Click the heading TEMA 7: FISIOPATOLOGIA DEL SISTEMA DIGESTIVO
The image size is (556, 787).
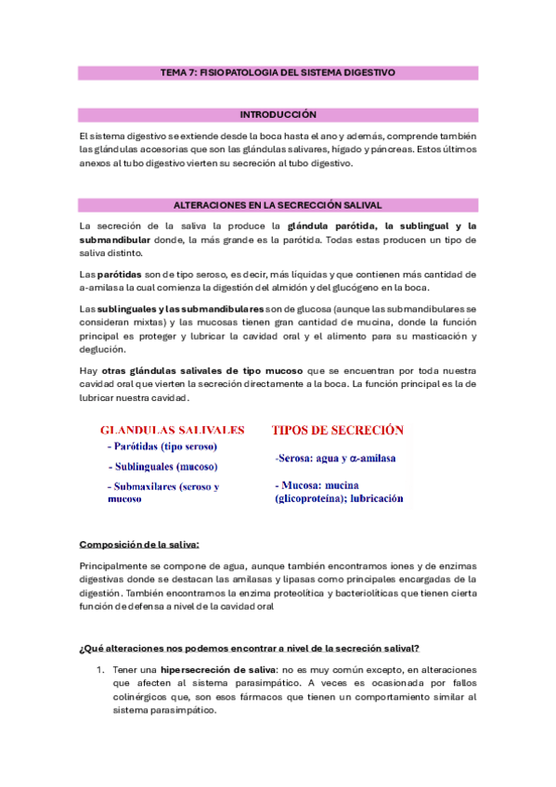(x=278, y=71)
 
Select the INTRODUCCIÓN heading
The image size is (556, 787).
(x=278, y=114)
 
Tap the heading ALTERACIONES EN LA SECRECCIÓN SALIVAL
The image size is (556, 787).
(x=278, y=204)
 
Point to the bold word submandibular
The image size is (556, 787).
(x=116, y=239)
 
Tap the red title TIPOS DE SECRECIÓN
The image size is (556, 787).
(x=337, y=430)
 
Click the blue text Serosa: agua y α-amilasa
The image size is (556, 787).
(x=335, y=458)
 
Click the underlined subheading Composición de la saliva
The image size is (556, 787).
(x=139, y=544)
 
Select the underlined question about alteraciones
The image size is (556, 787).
(x=249, y=647)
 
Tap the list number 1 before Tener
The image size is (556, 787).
(x=100, y=670)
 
